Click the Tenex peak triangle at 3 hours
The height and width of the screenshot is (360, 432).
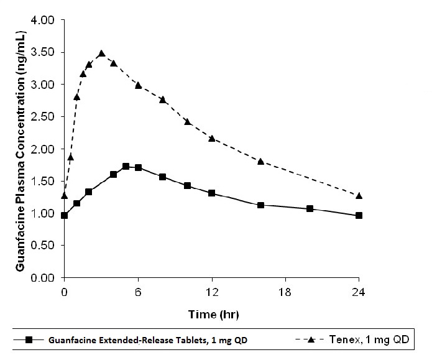(101, 53)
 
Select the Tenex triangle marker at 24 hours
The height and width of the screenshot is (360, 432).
(359, 196)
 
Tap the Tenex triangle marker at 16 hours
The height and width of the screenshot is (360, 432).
(260, 161)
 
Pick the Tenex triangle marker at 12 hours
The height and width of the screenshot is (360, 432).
(211, 138)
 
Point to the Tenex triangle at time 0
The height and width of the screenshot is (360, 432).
(64, 196)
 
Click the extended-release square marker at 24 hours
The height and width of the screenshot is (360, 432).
(359, 216)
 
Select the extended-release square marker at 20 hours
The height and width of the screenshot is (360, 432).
(310, 209)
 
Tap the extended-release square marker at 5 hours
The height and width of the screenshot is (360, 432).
(126, 167)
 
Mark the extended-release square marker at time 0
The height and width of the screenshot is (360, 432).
(64, 216)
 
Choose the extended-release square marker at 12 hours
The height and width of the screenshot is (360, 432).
(211, 193)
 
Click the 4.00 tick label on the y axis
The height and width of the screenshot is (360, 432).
(43, 21)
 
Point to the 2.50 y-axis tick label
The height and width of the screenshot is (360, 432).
(43, 117)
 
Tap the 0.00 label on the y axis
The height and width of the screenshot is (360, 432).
(43, 278)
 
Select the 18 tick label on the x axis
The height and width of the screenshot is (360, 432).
(285, 290)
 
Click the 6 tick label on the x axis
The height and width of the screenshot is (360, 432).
(137, 290)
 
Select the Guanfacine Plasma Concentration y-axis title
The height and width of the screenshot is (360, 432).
(20, 149)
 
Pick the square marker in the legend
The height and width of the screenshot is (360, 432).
(28, 339)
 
